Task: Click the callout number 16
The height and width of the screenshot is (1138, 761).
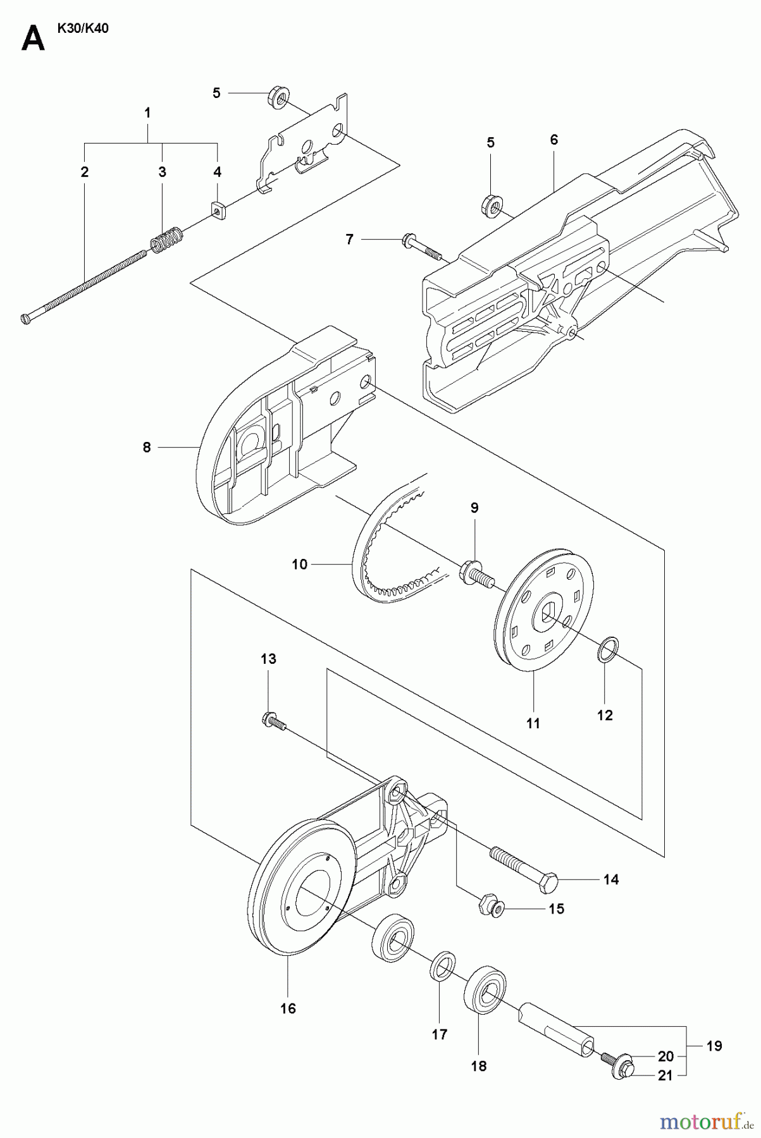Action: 288,1008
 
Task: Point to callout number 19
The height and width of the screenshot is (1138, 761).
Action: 714,1046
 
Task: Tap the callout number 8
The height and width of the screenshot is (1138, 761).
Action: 147,448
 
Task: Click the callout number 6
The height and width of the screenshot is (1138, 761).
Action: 554,140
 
